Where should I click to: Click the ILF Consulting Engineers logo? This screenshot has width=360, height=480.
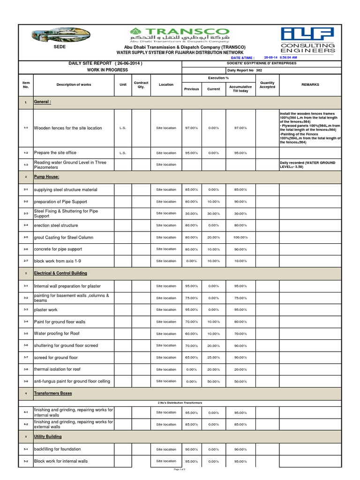click(307, 40)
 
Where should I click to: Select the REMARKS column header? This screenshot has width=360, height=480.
click(310, 84)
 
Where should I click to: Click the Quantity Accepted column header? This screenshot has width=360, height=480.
click(267, 84)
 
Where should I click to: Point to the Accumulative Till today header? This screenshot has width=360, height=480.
click(240, 89)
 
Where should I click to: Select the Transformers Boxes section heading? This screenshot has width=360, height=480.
click(53, 393)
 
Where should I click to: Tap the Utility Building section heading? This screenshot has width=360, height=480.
click(48, 436)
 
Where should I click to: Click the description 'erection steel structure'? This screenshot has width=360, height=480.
click(56, 225)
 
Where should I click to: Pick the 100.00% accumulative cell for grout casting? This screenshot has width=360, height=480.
click(240, 238)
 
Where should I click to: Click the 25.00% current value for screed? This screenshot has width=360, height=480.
click(213, 358)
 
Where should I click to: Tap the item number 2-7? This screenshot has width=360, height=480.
click(26, 261)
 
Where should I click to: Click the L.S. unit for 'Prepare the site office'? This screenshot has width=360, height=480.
click(123, 153)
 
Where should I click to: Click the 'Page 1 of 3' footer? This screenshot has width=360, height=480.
click(180, 469)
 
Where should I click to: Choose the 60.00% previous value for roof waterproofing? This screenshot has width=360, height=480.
click(191, 334)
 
